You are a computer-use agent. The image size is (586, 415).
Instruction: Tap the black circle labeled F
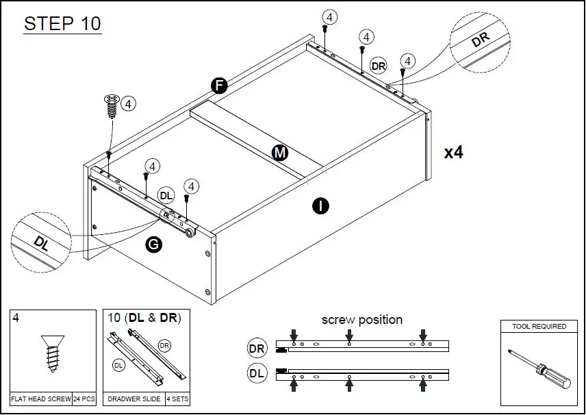pyautogui.click(x=218, y=86)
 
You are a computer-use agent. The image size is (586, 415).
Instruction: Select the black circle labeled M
pyautogui.click(x=279, y=153)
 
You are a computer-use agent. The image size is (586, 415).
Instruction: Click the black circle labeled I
pyautogui.click(x=318, y=205)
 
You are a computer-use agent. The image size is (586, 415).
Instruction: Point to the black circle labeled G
pyautogui.click(x=154, y=244)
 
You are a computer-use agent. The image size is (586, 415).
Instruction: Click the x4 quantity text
pyautogui.click(x=453, y=152)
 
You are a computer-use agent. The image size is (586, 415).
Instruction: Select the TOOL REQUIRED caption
pyautogui.click(x=539, y=327)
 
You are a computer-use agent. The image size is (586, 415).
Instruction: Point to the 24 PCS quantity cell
pyautogui.click(x=84, y=398)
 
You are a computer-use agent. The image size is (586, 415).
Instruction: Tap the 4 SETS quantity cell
pyautogui.click(x=178, y=398)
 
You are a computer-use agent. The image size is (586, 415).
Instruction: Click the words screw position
pyautogui.click(x=361, y=320)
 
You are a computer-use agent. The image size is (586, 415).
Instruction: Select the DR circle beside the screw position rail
pyautogui.click(x=257, y=349)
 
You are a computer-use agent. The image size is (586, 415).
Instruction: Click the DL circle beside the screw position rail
pyautogui.click(x=257, y=374)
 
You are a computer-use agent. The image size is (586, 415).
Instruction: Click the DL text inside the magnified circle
pyautogui.click(x=41, y=243)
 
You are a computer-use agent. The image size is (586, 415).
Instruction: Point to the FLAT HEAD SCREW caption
pyautogui.click(x=40, y=398)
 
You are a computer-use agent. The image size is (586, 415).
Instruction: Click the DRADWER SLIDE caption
pyautogui.click(x=133, y=398)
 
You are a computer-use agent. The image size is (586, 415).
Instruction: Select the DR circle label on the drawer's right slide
pyautogui.click(x=379, y=65)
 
